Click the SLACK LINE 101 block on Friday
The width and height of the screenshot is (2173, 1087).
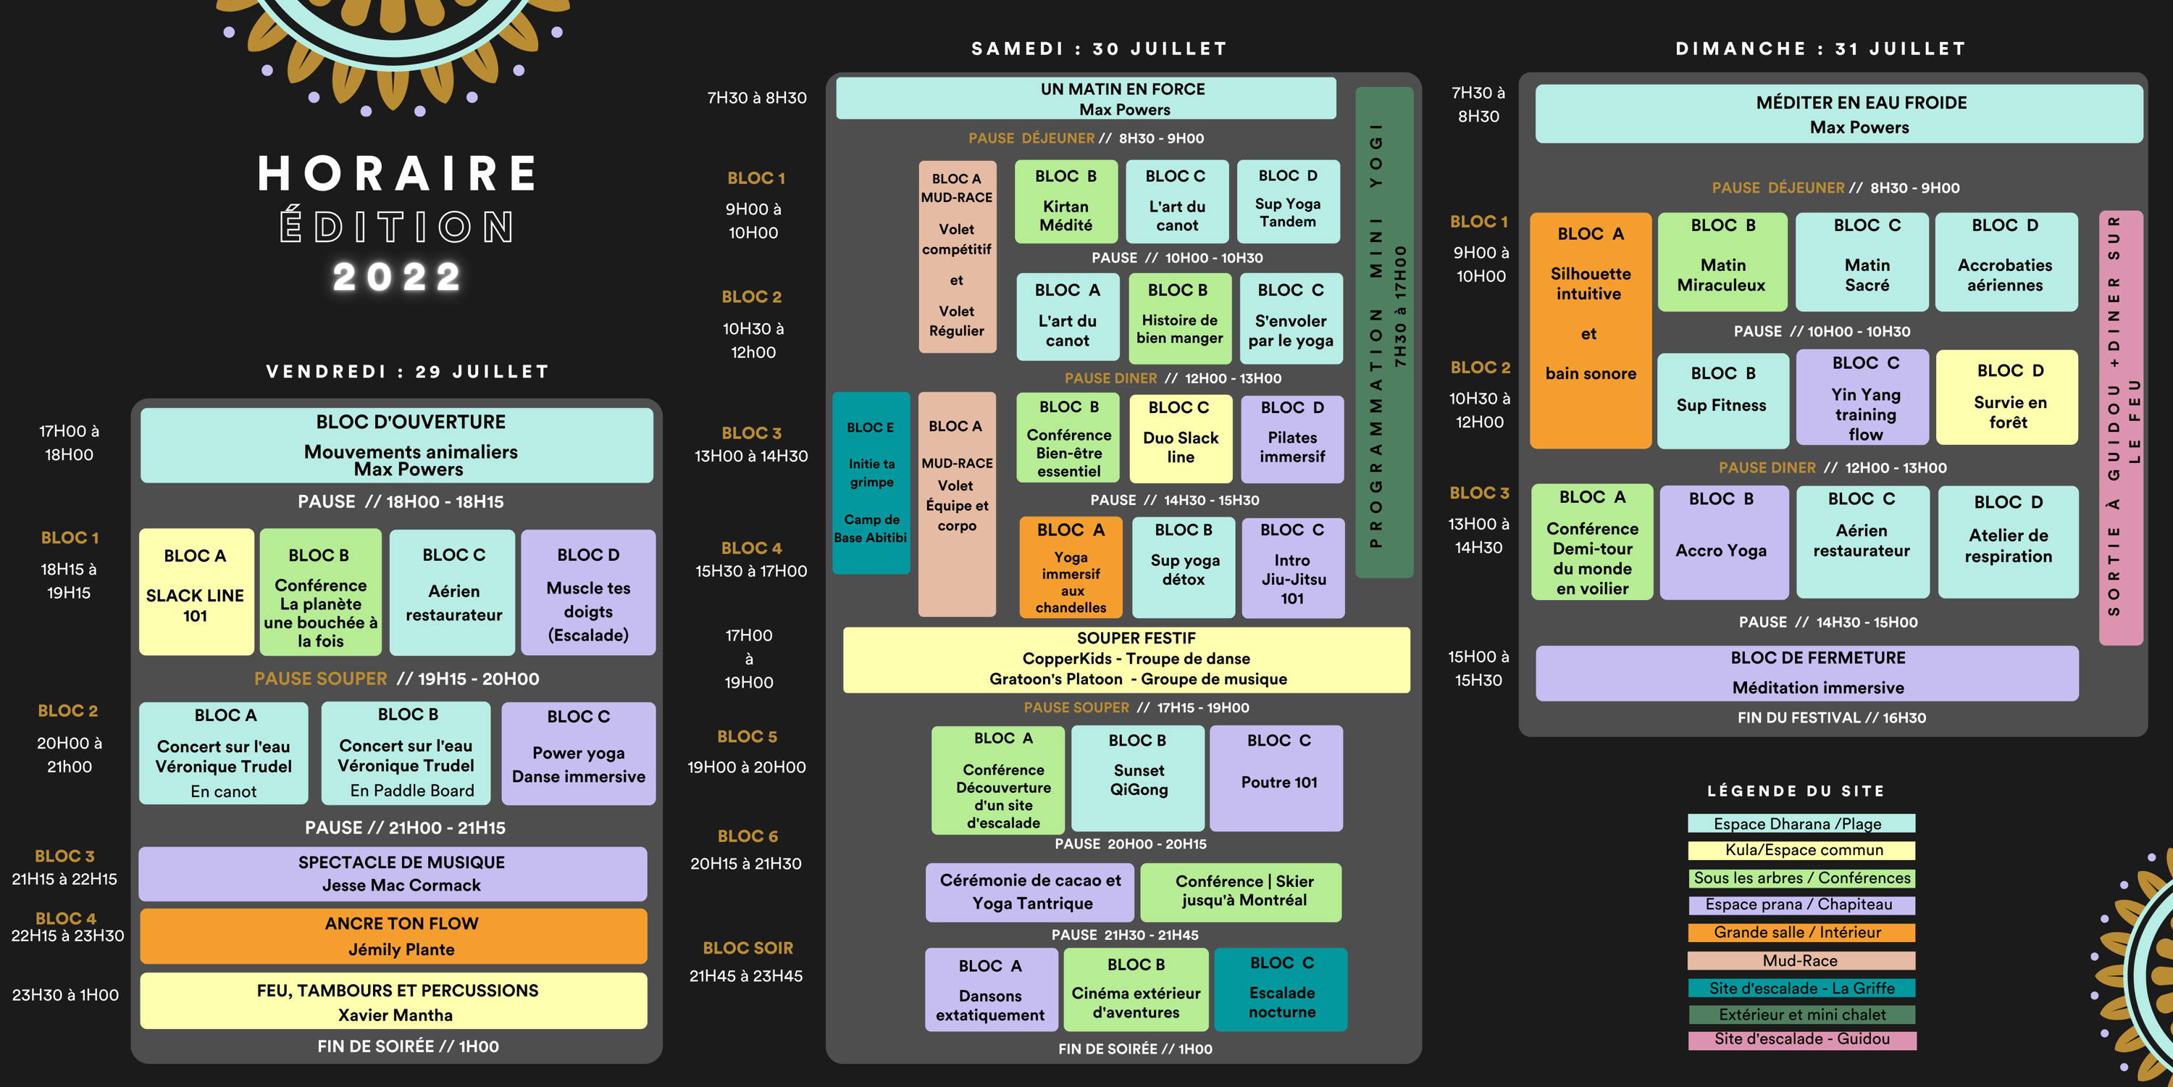click(196, 591)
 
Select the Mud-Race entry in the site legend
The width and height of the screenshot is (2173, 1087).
click(1801, 960)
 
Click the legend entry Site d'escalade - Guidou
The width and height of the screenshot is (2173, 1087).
click(1801, 1040)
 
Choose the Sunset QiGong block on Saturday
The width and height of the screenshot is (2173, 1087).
click(1138, 778)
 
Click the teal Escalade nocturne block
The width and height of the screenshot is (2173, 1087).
click(1281, 989)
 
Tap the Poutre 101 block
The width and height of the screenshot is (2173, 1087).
click(1277, 778)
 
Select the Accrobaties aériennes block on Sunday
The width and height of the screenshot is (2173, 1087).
click(2005, 262)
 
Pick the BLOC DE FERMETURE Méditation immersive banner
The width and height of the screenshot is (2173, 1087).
click(1807, 672)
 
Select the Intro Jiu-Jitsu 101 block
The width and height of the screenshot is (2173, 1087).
click(1292, 568)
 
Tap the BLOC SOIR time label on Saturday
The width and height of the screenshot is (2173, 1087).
click(748, 949)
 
